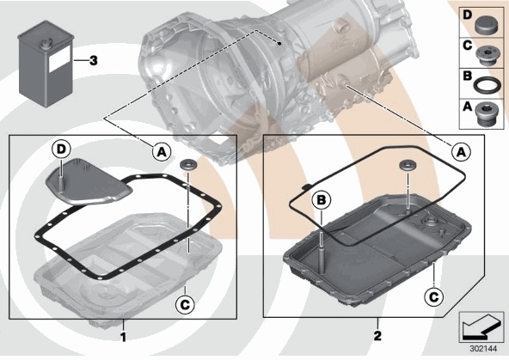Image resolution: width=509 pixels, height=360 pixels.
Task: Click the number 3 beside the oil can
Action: click(93, 60)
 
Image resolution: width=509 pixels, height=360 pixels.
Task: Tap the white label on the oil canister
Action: click(59, 59)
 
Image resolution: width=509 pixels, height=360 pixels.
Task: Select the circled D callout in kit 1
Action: click(61, 149)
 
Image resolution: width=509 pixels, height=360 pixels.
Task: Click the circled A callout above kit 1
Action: click(162, 151)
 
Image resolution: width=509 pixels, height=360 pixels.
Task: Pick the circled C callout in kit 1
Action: click(185, 304)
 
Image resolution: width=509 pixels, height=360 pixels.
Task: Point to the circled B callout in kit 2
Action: click(322, 200)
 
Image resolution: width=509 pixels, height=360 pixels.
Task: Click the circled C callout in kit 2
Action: click(434, 296)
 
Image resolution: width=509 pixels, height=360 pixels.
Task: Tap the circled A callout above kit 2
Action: click(461, 151)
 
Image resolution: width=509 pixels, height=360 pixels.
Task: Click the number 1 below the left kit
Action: click(123, 337)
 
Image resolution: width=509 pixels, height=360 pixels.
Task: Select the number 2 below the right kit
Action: click(377, 336)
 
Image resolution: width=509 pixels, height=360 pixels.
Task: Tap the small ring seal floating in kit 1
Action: click(188, 164)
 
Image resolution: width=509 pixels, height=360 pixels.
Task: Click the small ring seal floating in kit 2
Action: click(407, 165)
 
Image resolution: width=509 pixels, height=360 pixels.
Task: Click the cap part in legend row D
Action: click(487, 24)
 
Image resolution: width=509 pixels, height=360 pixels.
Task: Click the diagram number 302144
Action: click(483, 349)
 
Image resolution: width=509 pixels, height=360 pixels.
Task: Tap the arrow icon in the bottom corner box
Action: click(480, 328)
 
